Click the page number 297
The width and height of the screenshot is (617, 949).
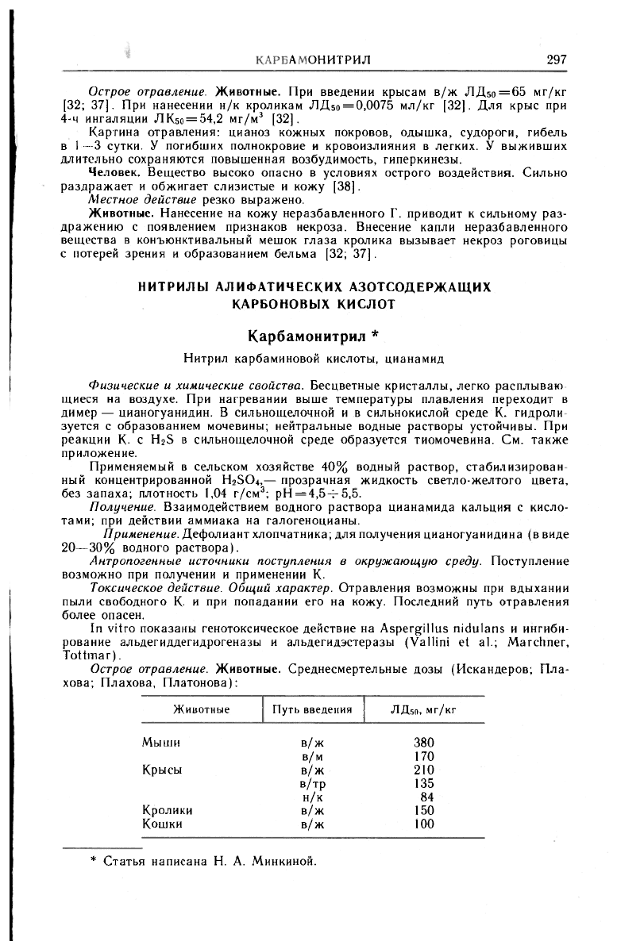coord(556,60)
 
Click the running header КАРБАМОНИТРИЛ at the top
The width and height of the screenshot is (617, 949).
coord(316,60)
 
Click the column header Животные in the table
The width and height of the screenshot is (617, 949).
coord(201,709)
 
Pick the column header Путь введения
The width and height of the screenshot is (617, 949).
coord(312,709)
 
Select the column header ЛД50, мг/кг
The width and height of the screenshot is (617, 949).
coord(424,709)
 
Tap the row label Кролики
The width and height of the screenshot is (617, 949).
coord(168,811)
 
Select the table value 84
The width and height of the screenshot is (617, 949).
coord(427,797)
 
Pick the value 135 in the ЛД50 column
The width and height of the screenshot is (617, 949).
coord(424,783)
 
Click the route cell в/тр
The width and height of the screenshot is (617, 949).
coord(311,783)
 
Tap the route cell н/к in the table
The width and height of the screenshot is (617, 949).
coord(311,797)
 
